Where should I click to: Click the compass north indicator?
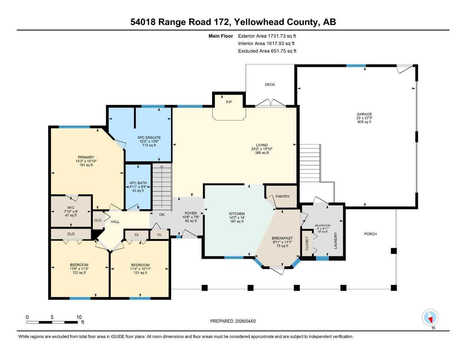click(x=430, y=318)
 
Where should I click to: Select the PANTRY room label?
click(x=282, y=197)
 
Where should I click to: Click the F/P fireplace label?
click(x=229, y=102)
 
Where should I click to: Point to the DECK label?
click(x=270, y=84)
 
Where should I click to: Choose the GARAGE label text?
click(x=364, y=114)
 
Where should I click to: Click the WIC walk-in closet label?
click(x=71, y=208)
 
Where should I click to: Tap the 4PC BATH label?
click(x=138, y=183)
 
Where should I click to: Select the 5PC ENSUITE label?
click(x=149, y=138)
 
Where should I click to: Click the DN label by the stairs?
click(x=161, y=214)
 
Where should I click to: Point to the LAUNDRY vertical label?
click(x=336, y=240)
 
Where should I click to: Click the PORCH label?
click(x=370, y=234)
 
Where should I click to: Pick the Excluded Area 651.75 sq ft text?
click(x=267, y=51)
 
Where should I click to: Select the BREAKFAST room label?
click(x=282, y=238)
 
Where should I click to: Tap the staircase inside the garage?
click(x=310, y=162)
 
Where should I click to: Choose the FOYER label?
click(x=191, y=213)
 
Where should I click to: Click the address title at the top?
click(x=233, y=22)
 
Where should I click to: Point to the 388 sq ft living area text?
click(x=262, y=153)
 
